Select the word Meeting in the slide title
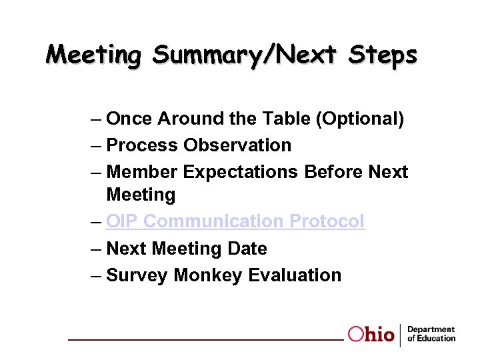94,55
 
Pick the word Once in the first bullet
129,119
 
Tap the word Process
142,145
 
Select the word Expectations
241,172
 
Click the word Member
142,172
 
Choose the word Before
333,172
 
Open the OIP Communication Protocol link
235,221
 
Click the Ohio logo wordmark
371,335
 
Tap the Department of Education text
431,334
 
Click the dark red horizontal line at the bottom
207,340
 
